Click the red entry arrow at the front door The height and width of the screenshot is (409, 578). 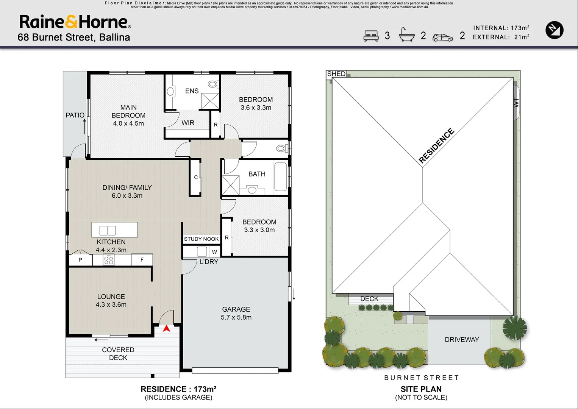tap(166, 328)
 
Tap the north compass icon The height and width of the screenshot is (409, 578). tap(554, 30)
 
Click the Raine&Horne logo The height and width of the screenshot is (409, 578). tap(75, 22)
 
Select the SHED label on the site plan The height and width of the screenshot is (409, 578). tap(336, 74)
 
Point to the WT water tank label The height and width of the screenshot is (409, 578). tap(516, 103)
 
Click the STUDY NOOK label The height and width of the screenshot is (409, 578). tap(201, 239)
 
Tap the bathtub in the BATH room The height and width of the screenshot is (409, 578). tap(280, 177)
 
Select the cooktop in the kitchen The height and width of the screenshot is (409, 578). tap(108, 259)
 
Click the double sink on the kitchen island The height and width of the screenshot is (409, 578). tap(108, 230)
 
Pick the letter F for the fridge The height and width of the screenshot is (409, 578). tap(142, 259)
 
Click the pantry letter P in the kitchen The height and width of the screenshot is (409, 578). tap(80, 260)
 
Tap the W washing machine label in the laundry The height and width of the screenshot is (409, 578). tap(214, 252)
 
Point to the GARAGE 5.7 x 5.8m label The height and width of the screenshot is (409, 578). tap(236, 313)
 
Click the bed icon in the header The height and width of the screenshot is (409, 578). tap(371, 36)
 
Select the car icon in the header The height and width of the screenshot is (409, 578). tap(443, 37)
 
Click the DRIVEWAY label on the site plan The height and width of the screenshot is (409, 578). tap(462, 339)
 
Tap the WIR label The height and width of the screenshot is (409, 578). tap(188, 123)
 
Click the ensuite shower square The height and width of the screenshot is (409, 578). tap(210, 101)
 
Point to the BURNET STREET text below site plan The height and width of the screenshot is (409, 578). tap(422, 378)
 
